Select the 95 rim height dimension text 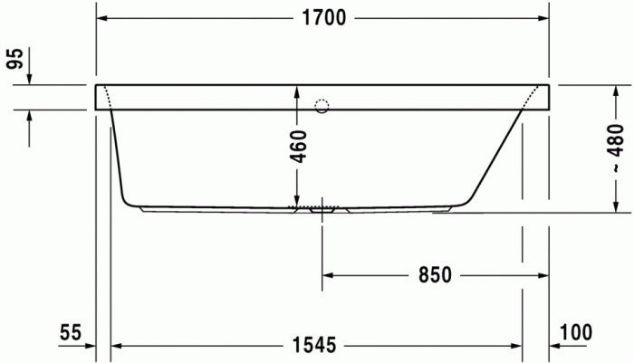click(x=14, y=60)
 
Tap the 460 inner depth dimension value click(x=298, y=147)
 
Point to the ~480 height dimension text click(x=615, y=147)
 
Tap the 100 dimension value click(x=576, y=332)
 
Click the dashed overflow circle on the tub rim click(x=320, y=105)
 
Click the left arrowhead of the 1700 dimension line click(x=103, y=18)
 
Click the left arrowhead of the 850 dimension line click(x=329, y=274)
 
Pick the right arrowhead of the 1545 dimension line click(x=515, y=346)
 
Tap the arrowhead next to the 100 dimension click(x=556, y=346)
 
